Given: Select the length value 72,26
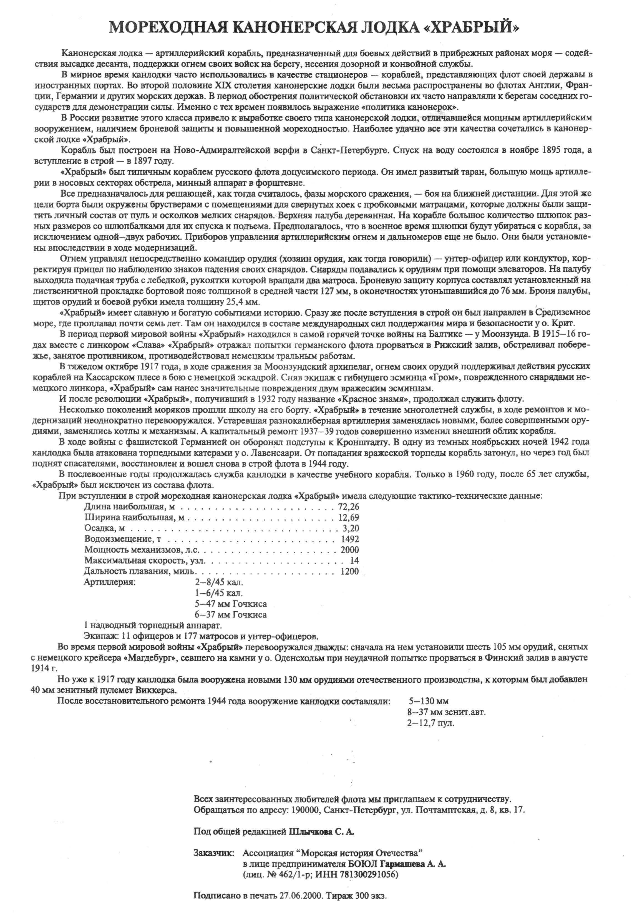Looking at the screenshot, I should click(x=348, y=507).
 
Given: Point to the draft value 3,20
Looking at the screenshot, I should click(x=351, y=528).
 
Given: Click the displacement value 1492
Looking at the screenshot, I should click(x=350, y=539).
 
